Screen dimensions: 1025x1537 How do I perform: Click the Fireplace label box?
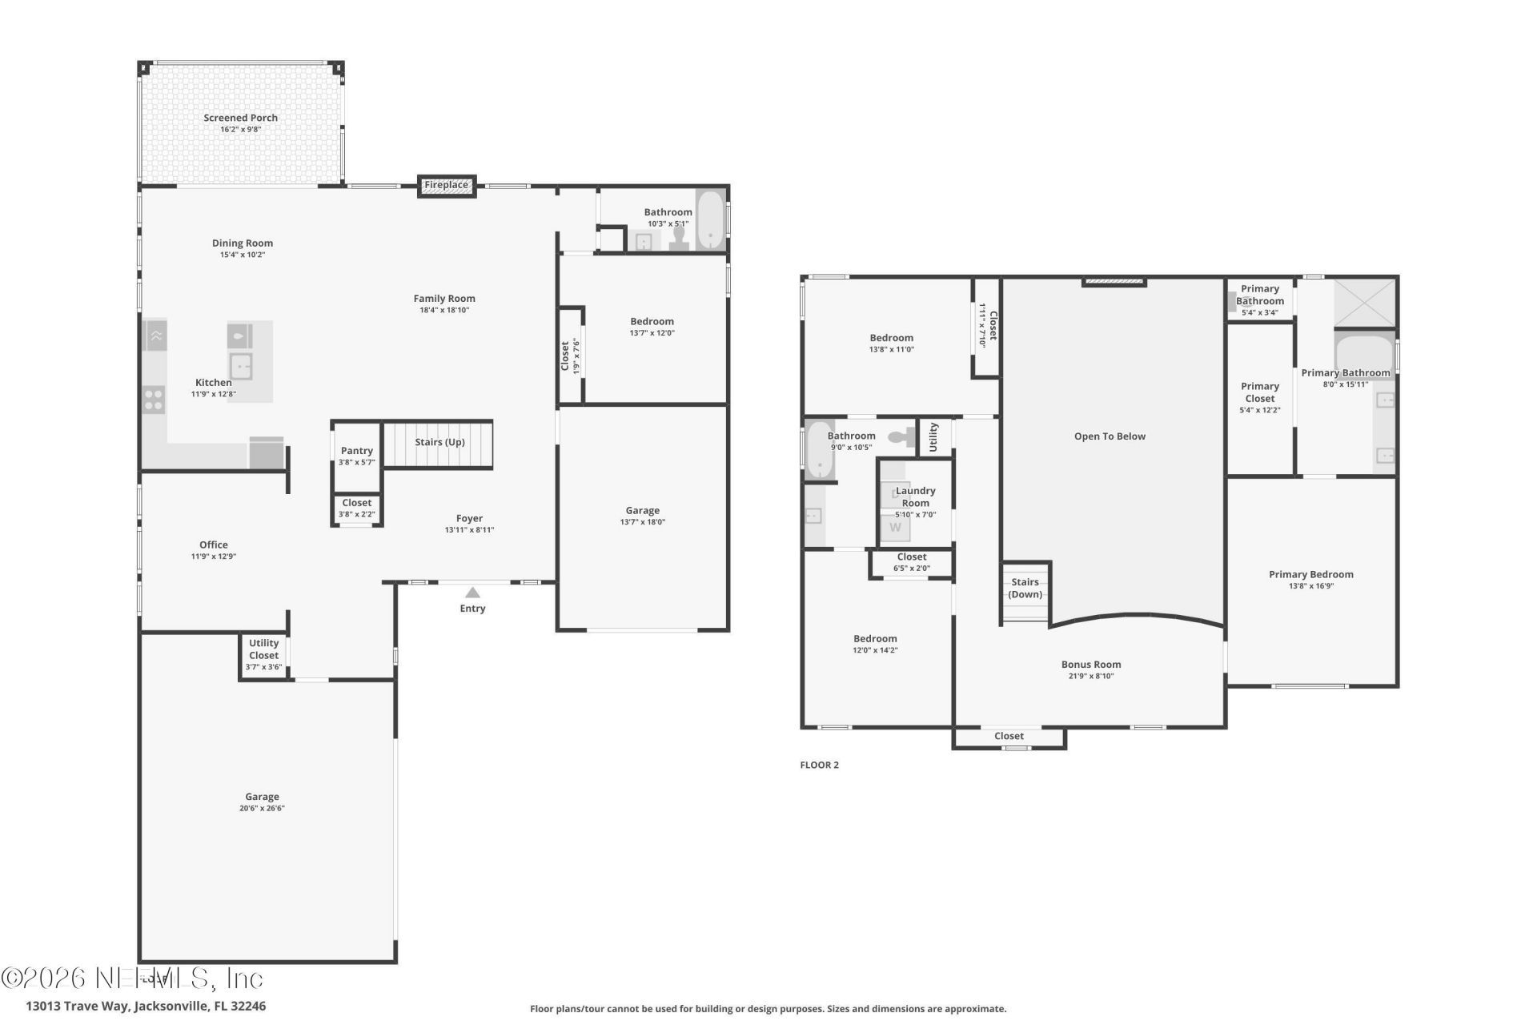tap(446, 186)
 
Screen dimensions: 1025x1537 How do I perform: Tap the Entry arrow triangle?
tap(472, 593)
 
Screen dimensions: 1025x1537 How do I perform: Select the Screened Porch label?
tap(240, 118)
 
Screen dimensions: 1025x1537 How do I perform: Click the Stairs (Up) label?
tap(439, 442)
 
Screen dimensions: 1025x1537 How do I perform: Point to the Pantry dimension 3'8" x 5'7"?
tap(356, 462)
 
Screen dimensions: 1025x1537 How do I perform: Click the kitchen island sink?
tap(241, 367)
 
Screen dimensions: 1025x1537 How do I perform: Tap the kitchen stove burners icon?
tap(155, 399)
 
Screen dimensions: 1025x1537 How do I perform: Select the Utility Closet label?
tap(263, 649)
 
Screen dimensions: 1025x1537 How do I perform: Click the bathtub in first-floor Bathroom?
tap(709, 220)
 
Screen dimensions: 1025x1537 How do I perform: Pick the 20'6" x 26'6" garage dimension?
tap(262, 808)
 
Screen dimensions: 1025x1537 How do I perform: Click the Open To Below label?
tap(1110, 436)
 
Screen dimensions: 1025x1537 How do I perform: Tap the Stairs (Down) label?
tap(1025, 588)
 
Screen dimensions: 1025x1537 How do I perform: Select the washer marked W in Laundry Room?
tap(895, 527)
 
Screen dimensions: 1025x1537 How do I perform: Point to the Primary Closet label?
tap(1259, 392)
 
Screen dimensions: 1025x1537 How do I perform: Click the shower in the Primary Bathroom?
tap(1364, 303)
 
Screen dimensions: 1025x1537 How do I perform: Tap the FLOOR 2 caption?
tap(819, 765)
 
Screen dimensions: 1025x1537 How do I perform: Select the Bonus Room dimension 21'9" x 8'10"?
tap(1090, 676)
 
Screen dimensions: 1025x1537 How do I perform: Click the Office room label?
tap(214, 545)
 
